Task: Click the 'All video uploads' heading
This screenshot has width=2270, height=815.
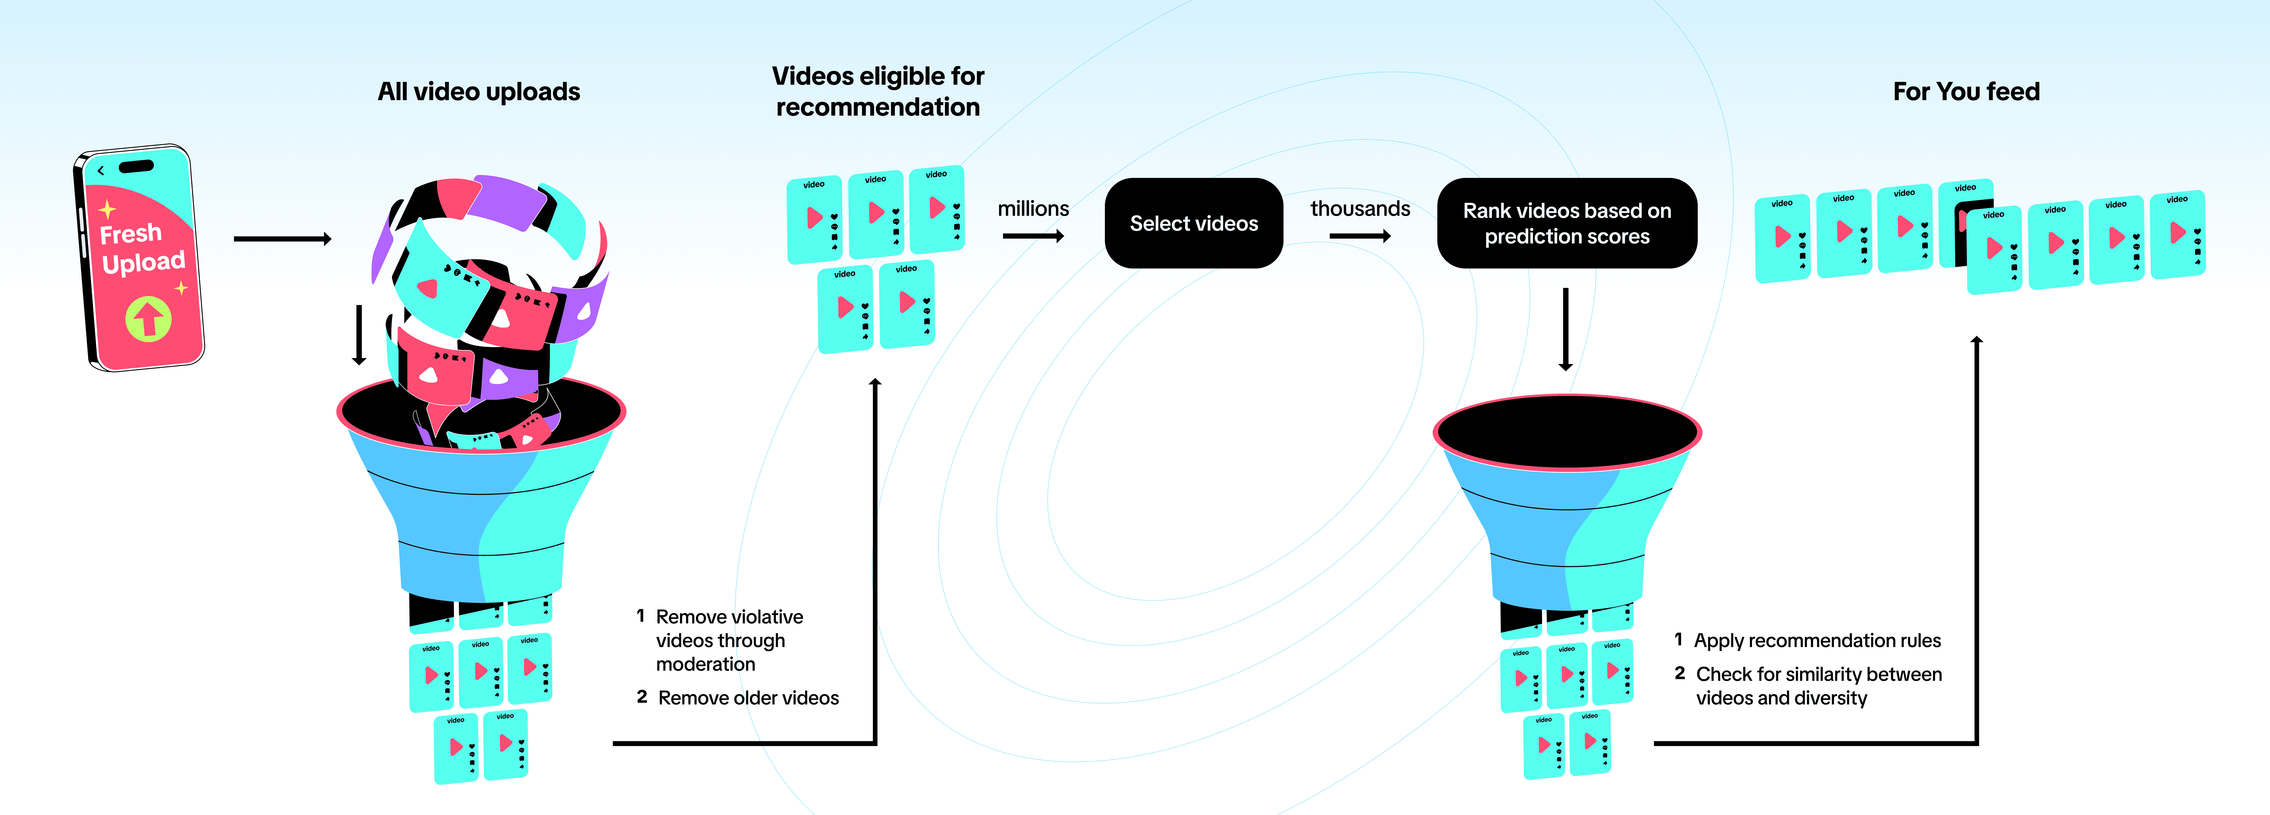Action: [479, 92]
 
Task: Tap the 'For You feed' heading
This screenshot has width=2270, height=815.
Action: [1966, 92]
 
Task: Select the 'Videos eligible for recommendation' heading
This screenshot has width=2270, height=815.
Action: [878, 92]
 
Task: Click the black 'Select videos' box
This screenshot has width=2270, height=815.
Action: [1194, 223]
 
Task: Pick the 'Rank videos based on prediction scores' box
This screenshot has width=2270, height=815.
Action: [1567, 223]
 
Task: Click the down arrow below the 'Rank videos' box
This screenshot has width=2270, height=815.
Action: [1566, 329]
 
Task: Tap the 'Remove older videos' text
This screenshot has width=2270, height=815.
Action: [748, 698]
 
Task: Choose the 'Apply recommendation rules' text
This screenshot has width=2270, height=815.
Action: [1817, 641]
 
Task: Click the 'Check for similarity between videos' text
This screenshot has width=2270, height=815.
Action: [1819, 686]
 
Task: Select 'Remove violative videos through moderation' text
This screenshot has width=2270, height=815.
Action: [730, 641]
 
